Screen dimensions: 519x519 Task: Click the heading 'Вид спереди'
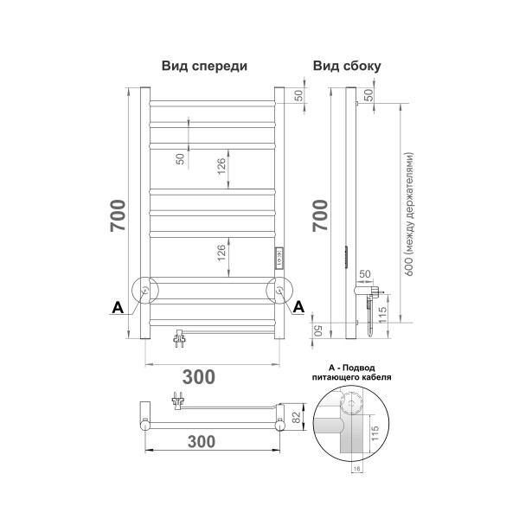204,66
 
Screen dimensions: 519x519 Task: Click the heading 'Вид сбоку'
347,66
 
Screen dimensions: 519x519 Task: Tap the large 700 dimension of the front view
118,215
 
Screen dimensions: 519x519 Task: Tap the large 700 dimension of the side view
320,215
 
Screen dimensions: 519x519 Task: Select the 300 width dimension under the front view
199,376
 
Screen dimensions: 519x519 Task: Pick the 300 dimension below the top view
202,441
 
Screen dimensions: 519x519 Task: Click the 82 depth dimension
296,417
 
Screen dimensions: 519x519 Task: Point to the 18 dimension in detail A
356,468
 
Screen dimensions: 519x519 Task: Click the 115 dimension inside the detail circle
375,433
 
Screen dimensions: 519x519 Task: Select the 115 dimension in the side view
382,315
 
